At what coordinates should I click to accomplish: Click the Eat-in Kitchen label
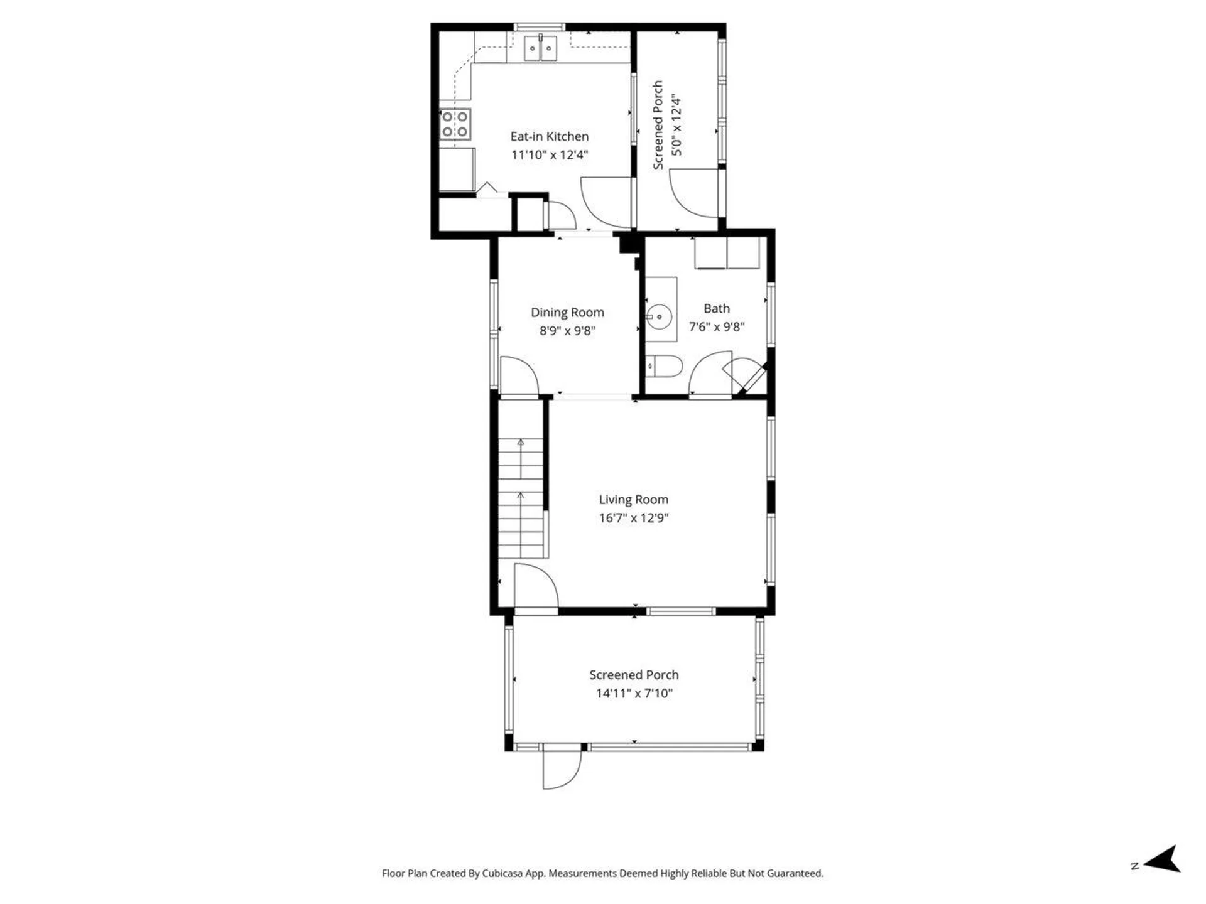coord(549,136)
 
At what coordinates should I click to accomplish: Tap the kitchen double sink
coord(540,48)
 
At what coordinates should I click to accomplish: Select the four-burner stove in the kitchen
coord(455,124)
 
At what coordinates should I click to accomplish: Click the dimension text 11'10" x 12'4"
coord(549,155)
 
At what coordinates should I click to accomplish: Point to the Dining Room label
coord(567,312)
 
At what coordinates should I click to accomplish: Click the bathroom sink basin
coord(659,316)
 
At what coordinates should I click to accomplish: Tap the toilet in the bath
coord(665,367)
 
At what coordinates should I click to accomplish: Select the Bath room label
coord(716,308)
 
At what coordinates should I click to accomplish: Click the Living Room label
coord(633,499)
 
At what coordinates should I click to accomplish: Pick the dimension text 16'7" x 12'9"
coord(633,518)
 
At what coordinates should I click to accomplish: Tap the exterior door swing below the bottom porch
coord(560,769)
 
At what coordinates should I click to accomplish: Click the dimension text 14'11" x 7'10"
coord(634,693)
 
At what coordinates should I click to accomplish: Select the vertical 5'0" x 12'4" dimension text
coord(676,125)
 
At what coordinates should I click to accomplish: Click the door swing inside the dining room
coord(518,377)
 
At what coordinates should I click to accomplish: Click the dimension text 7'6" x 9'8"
coord(716,326)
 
